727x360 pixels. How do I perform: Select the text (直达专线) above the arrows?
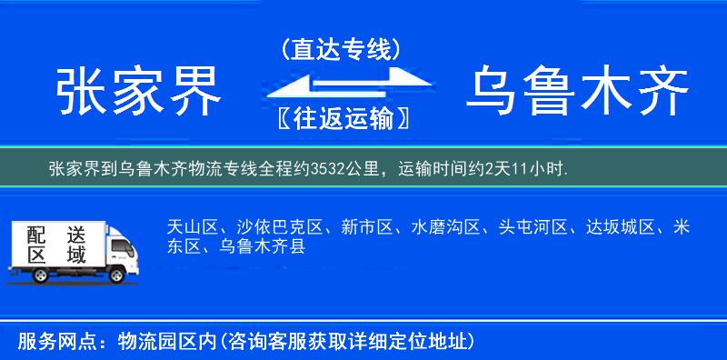341,49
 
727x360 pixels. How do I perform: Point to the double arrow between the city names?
341,85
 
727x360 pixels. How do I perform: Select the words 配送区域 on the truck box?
56,244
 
